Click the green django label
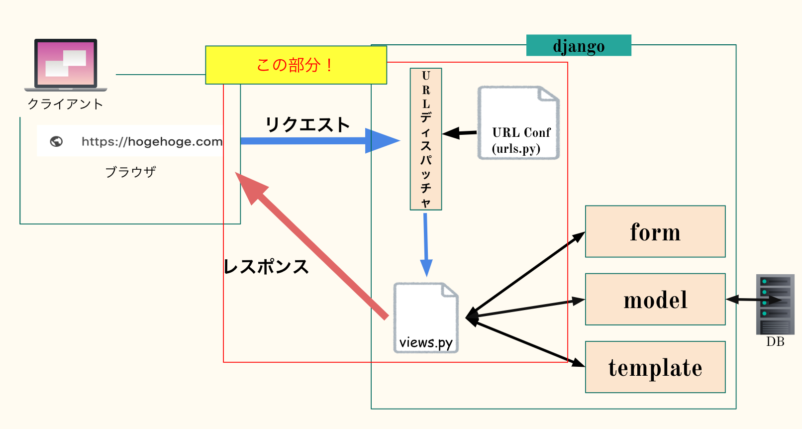pos(579,46)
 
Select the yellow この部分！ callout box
pos(296,65)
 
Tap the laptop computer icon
pos(66,65)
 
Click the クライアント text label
pos(65,104)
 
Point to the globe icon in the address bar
pos(57,142)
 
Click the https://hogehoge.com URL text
pos(152,142)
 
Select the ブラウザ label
pos(130,172)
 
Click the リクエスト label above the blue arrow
pos(307,124)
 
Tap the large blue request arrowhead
pos(381,141)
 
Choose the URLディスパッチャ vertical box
pos(426,139)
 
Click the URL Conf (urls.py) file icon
pos(518,123)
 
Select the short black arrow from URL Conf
pos(460,133)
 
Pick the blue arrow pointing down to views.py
pos(426,244)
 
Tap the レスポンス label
pos(266,267)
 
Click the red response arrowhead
pos(252,188)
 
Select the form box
pos(655,232)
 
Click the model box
pos(655,300)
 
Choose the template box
pos(655,367)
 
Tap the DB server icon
pos(775,304)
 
